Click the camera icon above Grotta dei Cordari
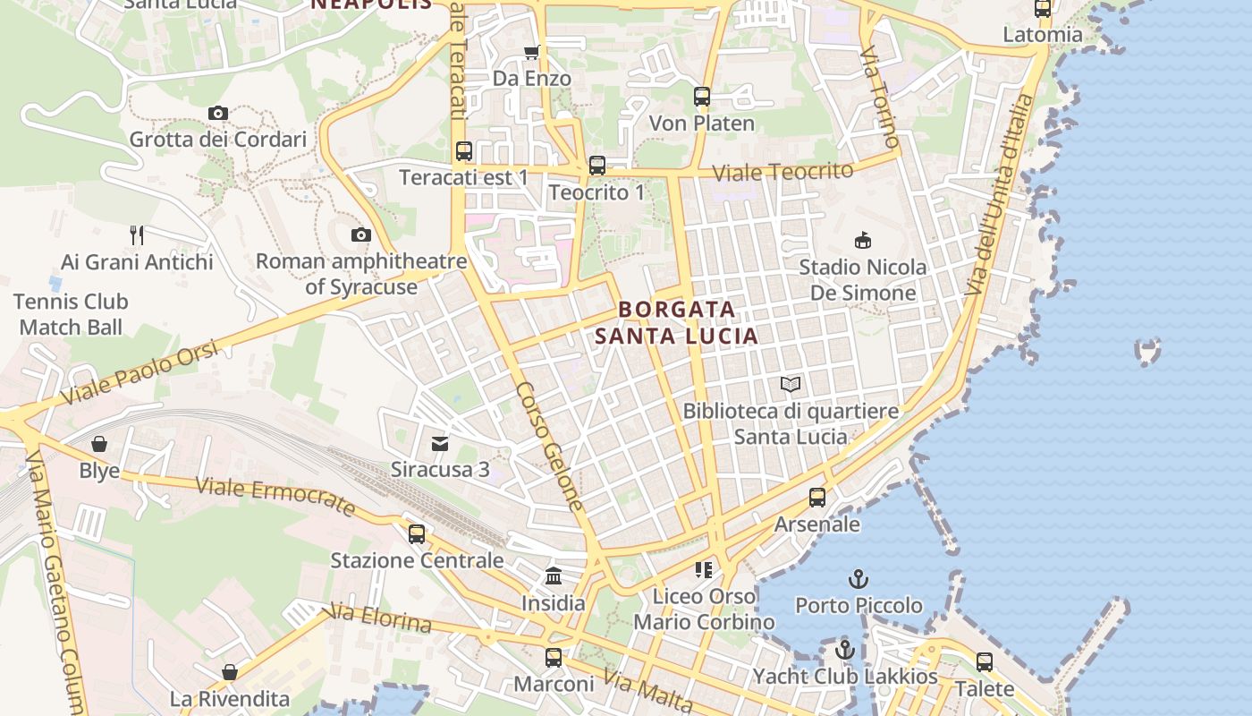click(x=217, y=113)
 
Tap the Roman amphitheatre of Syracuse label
click(x=361, y=274)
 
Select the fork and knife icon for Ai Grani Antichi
click(x=137, y=235)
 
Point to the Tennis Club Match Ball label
click(x=71, y=314)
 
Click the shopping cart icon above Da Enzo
click(x=532, y=52)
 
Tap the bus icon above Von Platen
click(x=702, y=96)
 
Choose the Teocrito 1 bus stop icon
click(x=596, y=166)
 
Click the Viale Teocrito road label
click(x=782, y=170)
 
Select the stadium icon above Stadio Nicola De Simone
click(x=863, y=240)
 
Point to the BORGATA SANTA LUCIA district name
click(x=677, y=323)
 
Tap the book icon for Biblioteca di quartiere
click(x=790, y=385)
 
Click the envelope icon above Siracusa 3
click(x=440, y=444)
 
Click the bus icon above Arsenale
click(x=816, y=498)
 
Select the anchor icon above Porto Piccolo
click(x=859, y=579)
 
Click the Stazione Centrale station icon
click(x=417, y=534)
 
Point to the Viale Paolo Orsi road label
click(x=139, y=373)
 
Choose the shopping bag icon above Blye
click(x=99, y=444)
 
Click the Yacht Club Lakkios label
click(x=845, y=676)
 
